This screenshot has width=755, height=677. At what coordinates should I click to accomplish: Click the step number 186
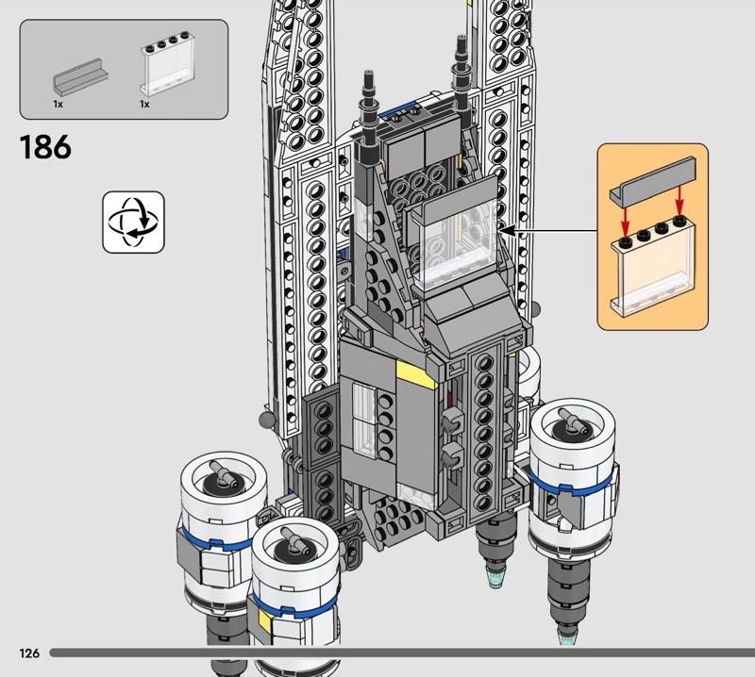(45, 147)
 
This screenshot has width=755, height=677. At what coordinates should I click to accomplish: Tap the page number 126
(29, 652)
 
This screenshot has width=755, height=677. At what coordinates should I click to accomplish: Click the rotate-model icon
(133, 222)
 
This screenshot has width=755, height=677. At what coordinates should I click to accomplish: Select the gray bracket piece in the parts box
(80, 76)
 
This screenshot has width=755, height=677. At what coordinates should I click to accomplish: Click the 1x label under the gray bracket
(58, 104)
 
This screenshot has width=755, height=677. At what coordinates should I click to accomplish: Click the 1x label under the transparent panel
(144, 104)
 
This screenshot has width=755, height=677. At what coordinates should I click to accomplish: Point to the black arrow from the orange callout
(549, 232)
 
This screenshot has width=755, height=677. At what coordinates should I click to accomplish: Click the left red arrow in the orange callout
(625, 218)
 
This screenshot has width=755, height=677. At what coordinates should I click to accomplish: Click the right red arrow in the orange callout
(679, 200)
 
